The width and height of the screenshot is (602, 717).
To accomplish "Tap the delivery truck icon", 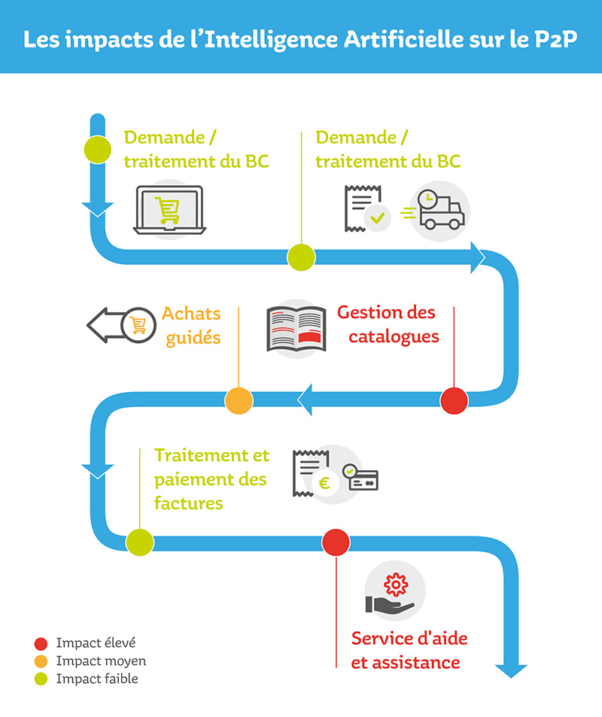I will point(441,211).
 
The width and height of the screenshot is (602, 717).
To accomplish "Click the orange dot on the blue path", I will point(239,400).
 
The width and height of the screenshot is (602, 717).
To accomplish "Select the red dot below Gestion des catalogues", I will point(454,400).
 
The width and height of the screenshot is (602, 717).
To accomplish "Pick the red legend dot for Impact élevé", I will point(41,643).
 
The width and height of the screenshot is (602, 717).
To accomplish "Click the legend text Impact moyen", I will point(101,661).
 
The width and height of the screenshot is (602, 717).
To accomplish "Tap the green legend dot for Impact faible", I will point(41,679).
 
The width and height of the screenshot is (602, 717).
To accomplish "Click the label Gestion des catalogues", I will point(387,324).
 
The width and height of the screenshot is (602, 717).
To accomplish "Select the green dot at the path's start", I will point(97,149).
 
